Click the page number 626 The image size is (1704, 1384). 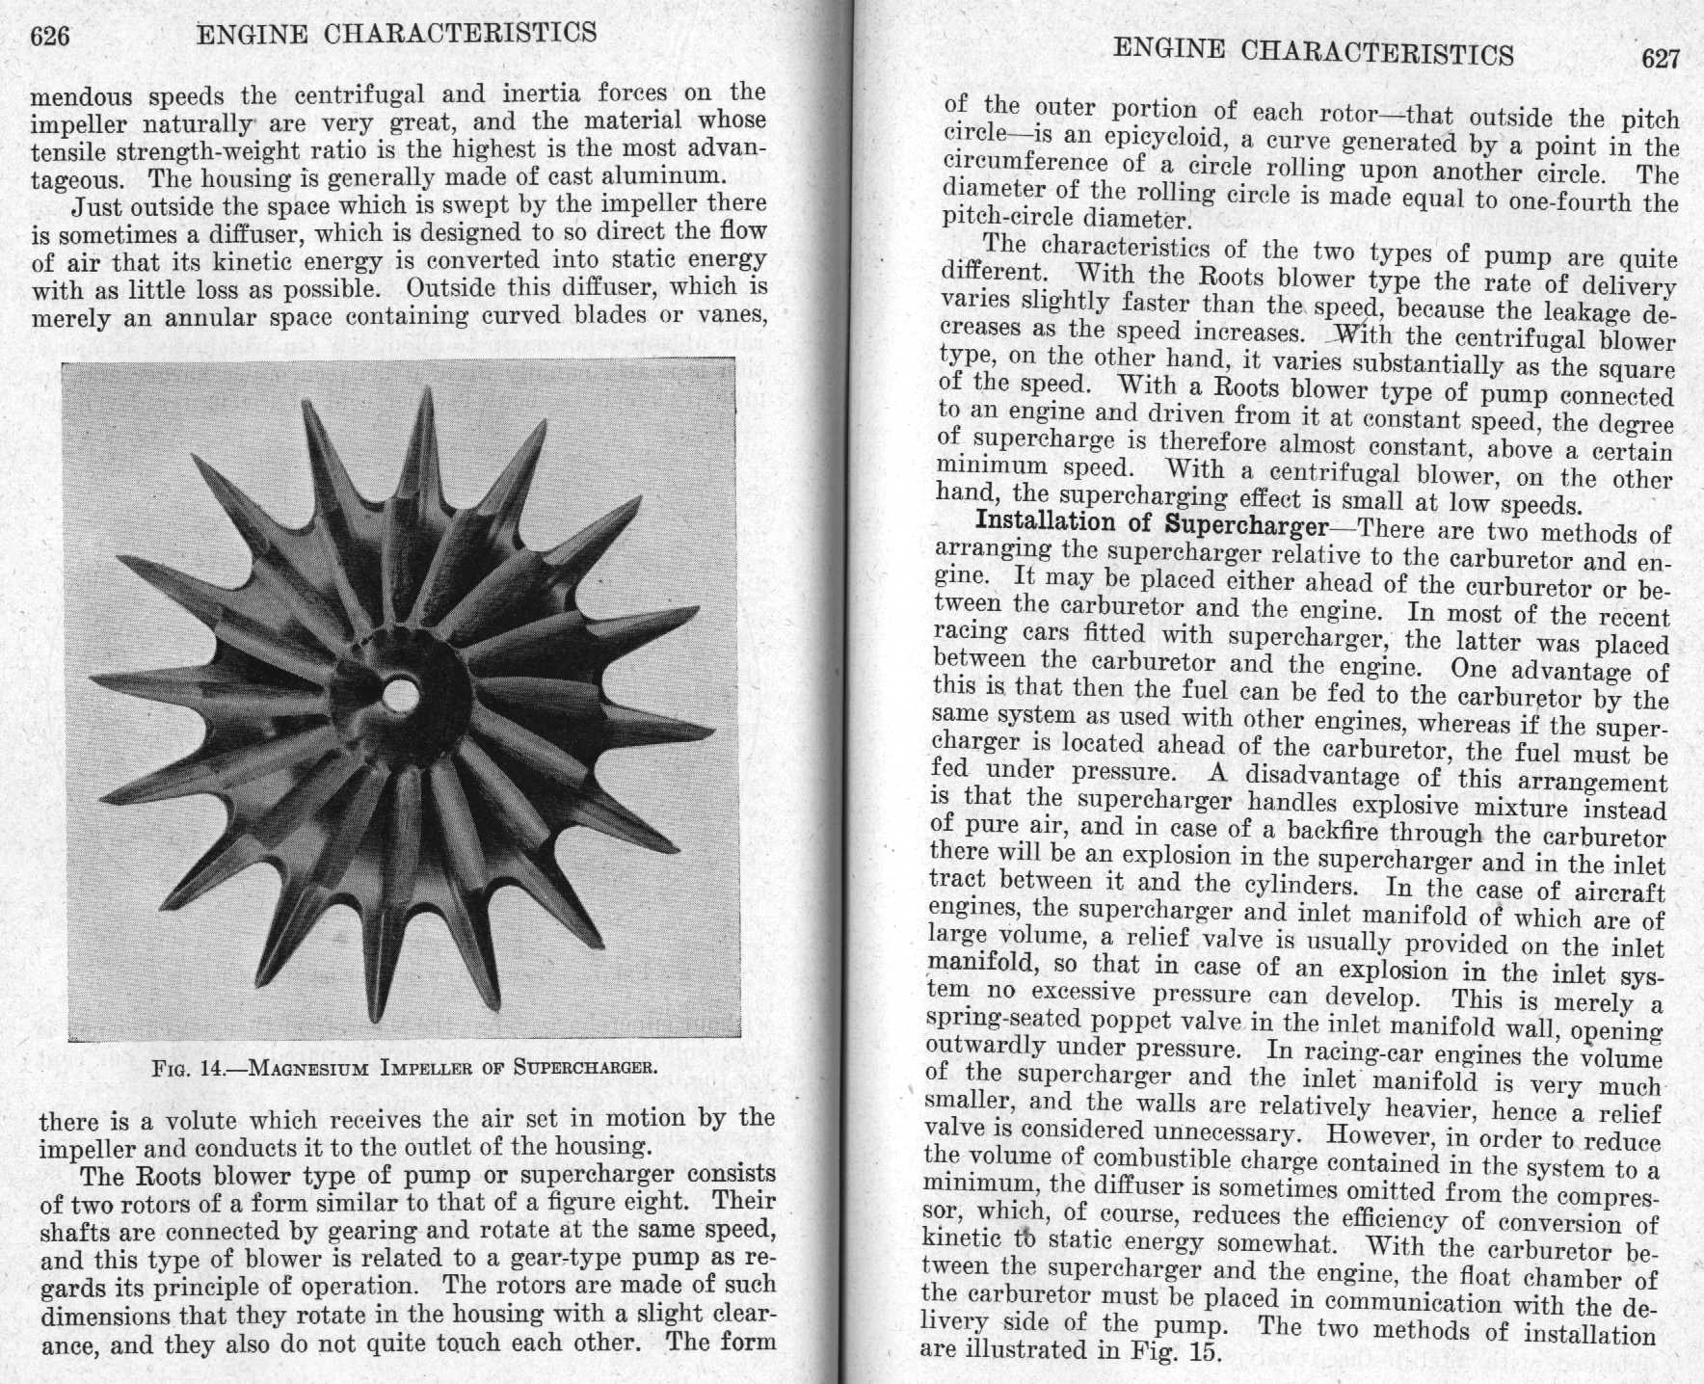pyautogui.click(x=50, y=37)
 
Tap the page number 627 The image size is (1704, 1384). pyautogui.click(x=1661, y=58)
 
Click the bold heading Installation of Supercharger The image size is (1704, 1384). pyautogui.click(x=1152, y=524)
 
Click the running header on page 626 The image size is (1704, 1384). pyautogui.click(x=396, y=35)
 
